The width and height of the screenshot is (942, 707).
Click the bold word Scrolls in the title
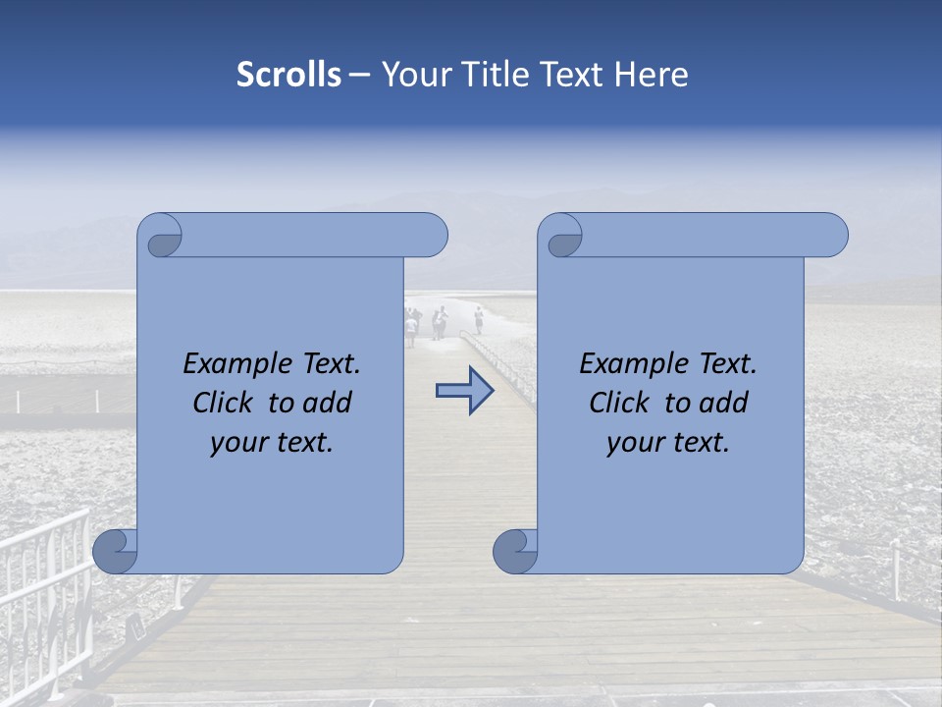[288, 75]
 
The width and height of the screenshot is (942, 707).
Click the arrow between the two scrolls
[464, 391]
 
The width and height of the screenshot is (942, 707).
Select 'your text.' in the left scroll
[272, 443]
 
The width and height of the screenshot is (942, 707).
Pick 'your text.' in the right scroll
[668, 443]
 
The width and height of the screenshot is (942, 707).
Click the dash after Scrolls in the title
[359, 75]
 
